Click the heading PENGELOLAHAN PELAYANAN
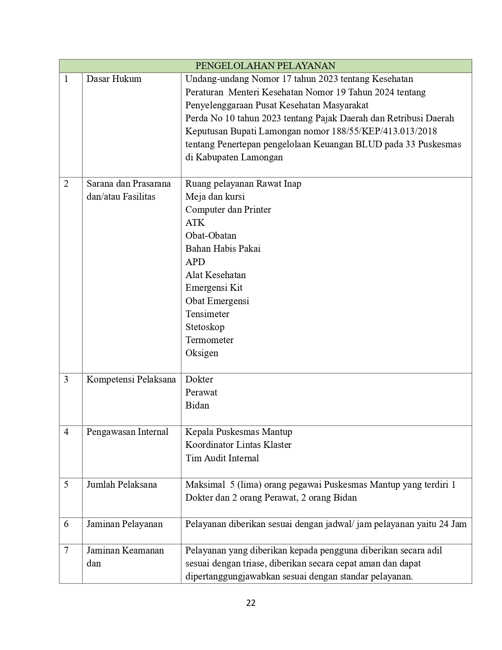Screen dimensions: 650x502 265,66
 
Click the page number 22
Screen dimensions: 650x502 251,603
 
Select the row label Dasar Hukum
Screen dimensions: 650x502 114,79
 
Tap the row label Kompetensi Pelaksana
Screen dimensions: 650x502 131,379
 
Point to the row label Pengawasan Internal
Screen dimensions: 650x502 127,432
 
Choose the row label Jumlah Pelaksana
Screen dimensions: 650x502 122,485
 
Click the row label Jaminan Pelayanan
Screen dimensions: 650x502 124,524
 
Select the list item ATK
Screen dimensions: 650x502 195,223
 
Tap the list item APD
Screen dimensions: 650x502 195,262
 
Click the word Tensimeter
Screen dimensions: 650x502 207,314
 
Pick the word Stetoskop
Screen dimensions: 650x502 205,327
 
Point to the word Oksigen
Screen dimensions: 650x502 202,353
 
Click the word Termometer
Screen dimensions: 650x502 209,340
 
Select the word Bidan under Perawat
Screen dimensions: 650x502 197,405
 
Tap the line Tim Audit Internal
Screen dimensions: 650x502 222,458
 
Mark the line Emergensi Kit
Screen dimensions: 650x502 214,288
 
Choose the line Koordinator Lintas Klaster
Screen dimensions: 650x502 238,445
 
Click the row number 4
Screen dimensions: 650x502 66,432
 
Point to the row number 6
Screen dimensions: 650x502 66,524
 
